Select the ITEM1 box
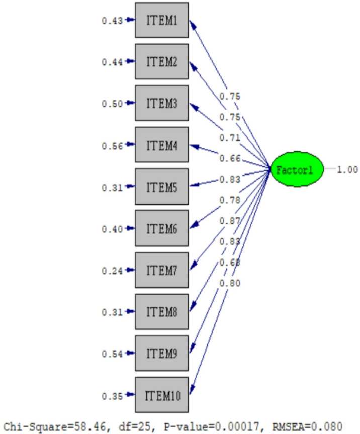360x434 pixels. tap(161, 20)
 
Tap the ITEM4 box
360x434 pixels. tap(161, 145)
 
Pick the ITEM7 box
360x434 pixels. tap(161, 271)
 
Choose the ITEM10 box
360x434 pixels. tap(161, 395)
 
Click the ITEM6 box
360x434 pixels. tap(161, 229)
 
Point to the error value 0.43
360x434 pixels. tap(112, 21)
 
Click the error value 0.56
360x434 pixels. tap(112, 146)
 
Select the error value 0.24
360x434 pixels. tap(112, 271)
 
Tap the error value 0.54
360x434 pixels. tap(112, 354)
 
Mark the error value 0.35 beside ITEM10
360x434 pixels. tap(112, 396)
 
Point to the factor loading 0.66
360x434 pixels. tap(229, 159)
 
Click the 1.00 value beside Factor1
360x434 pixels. tap(347, 170)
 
